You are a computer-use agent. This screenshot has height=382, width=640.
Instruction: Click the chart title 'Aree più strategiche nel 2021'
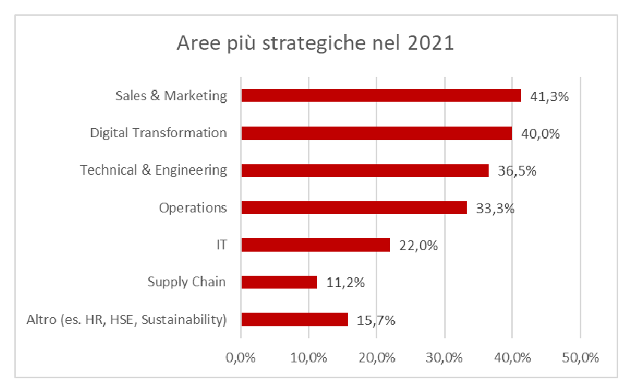(315, 42)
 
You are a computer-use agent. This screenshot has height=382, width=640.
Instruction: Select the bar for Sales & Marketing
(381, 96)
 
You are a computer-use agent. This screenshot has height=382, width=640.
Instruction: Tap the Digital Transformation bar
(376, 133)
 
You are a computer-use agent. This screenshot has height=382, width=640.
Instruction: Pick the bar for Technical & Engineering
(364, 170)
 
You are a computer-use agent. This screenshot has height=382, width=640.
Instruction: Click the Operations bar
(354, 207)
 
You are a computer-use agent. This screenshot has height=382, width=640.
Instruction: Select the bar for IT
(315, 245)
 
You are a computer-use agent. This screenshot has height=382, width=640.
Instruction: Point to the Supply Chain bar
(279, 282)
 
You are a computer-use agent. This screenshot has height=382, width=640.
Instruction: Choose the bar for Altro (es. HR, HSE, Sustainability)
(294, 319)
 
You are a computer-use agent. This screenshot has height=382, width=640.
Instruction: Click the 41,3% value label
(548, 96)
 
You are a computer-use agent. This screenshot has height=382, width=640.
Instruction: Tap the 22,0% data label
(418, 246)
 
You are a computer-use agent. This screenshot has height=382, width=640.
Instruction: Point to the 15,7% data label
(376, 320)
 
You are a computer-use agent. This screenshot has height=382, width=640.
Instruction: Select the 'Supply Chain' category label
(187, 282)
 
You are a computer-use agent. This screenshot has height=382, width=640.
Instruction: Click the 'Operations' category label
(193, 207)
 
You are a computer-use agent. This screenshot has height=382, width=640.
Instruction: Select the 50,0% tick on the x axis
(580, 358)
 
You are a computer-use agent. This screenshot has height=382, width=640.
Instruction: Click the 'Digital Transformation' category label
(158, 133)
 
